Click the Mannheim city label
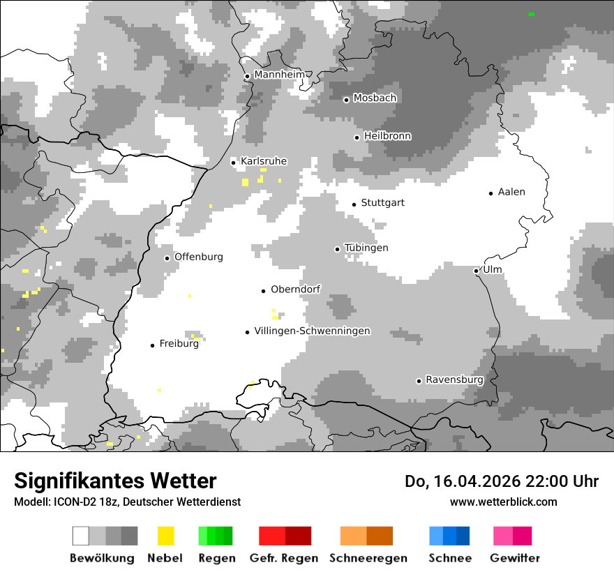(279, 75)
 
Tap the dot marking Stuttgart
(354, 204)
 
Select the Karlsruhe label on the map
(264, 161)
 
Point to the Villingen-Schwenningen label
(312, 331)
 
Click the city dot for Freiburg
(152, 345)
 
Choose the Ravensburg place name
(454, 379)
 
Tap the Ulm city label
(493, 269)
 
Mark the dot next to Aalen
(491, 193)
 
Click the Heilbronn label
(387, 136)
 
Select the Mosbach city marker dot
(346, 100)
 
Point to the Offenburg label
(199, 257)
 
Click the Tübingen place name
(366, 248)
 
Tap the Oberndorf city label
(295, 289)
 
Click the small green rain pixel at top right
(531, 14)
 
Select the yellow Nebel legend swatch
(166, 536)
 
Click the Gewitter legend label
(514, 558)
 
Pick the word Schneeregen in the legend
(368, 558)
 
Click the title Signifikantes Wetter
(115, 481)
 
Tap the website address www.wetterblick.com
(503, 502)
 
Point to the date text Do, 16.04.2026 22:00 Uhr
(501, 481)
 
